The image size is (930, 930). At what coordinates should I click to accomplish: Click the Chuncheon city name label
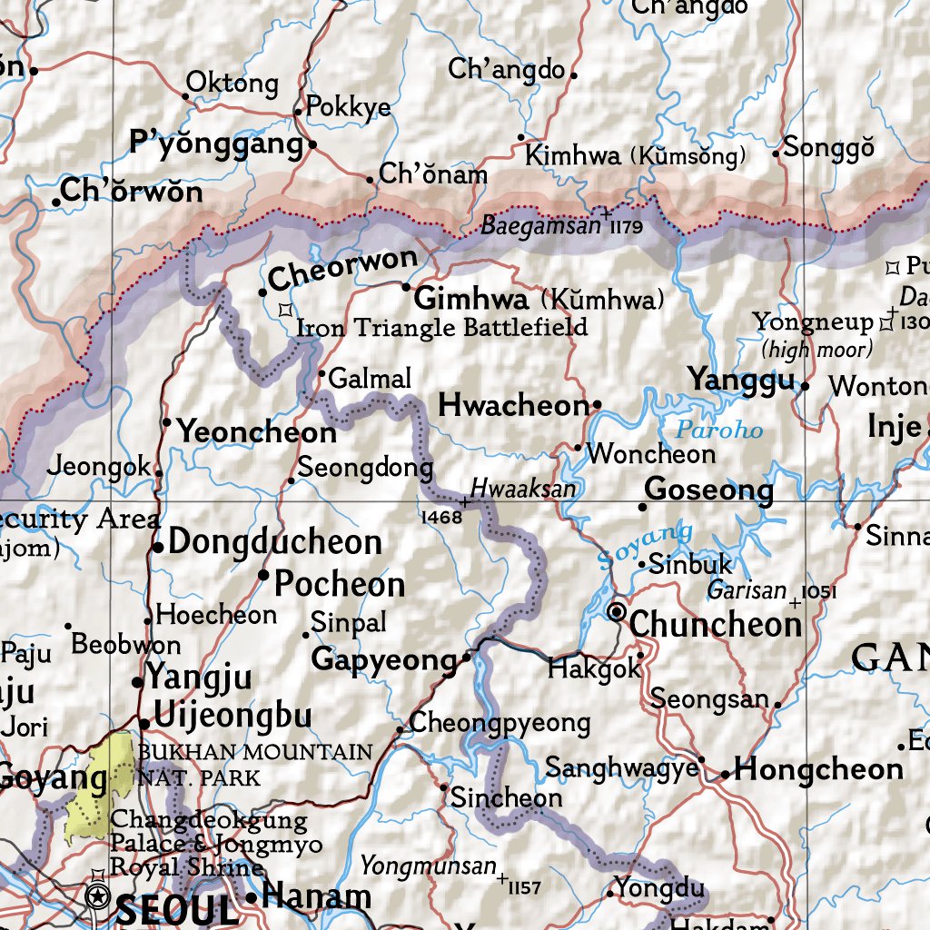(716, 625)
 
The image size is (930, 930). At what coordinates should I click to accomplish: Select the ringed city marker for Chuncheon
(618, 612)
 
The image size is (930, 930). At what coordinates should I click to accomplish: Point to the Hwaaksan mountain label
(522, 489)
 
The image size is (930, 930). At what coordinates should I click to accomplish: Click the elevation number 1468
(442, 517)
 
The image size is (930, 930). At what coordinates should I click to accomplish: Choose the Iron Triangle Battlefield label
(442, 327)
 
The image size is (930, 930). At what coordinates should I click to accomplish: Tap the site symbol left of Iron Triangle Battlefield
(285, 309)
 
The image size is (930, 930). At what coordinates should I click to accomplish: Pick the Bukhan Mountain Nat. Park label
(254, 764)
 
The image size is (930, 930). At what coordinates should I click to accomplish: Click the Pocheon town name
(340, 584)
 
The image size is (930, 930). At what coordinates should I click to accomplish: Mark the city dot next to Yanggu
(805, 386)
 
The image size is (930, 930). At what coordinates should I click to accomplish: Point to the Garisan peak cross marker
(796, 602)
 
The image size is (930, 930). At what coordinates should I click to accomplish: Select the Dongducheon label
(275, 542)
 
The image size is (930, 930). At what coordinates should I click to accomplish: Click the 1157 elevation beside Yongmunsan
(525, 886)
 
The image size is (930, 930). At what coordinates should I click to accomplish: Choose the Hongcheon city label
(818, 770)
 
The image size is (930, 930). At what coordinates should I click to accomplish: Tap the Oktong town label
(232, 84)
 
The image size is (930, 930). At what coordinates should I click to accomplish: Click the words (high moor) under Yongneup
(816, 348)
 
